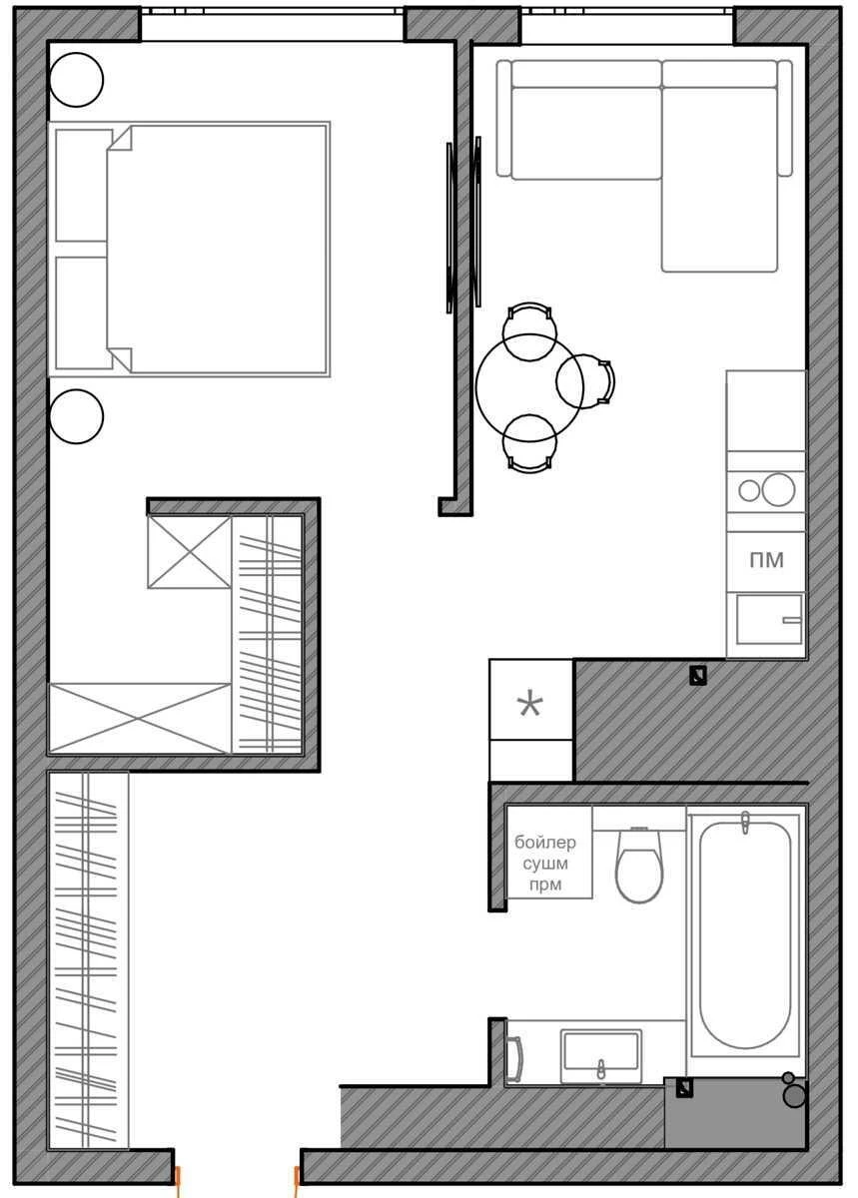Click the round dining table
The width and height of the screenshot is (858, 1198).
(528, 387)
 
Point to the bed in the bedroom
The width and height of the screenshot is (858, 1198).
(189, 249)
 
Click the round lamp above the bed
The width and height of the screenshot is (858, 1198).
(76, 80)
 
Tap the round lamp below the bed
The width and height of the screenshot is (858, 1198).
(76, 416)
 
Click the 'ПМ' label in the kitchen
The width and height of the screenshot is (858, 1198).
(766, 560)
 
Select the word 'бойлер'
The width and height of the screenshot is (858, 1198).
(545, 843)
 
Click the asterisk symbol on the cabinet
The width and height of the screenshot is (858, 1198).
(530, 705)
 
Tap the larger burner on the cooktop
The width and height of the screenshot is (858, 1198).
(778, 489)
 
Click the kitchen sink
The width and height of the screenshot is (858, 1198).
(769, 620)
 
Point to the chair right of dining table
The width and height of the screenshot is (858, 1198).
(585, 380)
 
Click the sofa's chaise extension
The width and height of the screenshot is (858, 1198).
(719, 179)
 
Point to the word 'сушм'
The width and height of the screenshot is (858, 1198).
(545, 864)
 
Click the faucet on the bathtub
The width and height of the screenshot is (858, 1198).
(745, 823)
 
